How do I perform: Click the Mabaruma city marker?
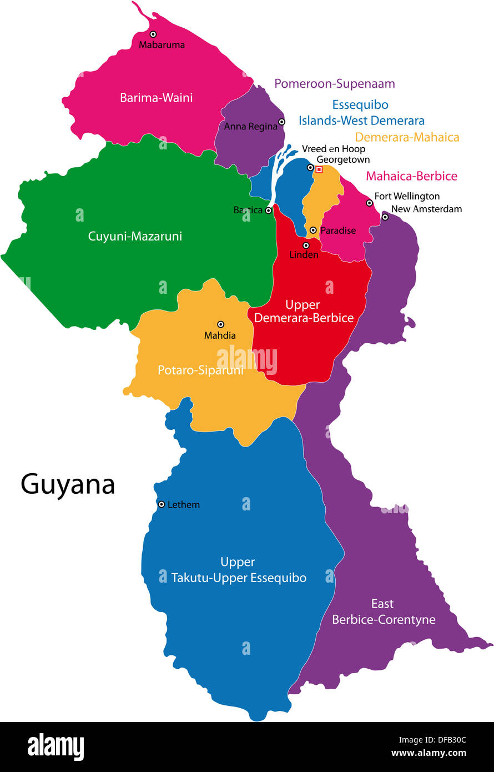pyautogui.click(x=153, y=34)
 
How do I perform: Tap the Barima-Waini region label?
pyautogui.click(x=157, y=98)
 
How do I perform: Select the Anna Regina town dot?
pyautogui.click(x=281, y=122)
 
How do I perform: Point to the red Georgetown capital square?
pyautogui.click(x=319, y=169)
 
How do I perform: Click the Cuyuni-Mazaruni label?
pyautogui.click(x=135, y=236)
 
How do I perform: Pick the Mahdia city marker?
pyautogui.click(x=220, y=324)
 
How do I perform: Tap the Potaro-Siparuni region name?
pyautogui.click(x=200, y=370)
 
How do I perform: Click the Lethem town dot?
pyautogui.click(x=162, y=504)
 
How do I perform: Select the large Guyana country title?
pyautogui.click(x=68, y=484)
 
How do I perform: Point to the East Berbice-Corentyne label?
pyautogui.click(x=384, y=611)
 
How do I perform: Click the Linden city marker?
pyautogui.click(x=306, y=245)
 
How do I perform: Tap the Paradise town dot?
pyautogui.click(x=313, y=230)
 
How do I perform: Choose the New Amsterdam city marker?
pyautogui.click(x=385, y=217)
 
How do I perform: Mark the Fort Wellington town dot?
pyautogui.click(x=369, y=203)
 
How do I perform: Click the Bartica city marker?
pyautogui.click(x=268, y=210)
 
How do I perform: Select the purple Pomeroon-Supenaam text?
pyautogui.click(x=335, y=84)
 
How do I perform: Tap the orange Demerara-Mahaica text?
pyautogui.click(x=407, y=137)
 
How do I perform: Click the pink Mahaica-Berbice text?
pyautogui.click(x=411, y=176)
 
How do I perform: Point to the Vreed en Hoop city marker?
pyautogui.click(x=310, y=167)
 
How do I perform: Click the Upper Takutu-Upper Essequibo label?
pyautogui.click(x=239, y=570)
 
